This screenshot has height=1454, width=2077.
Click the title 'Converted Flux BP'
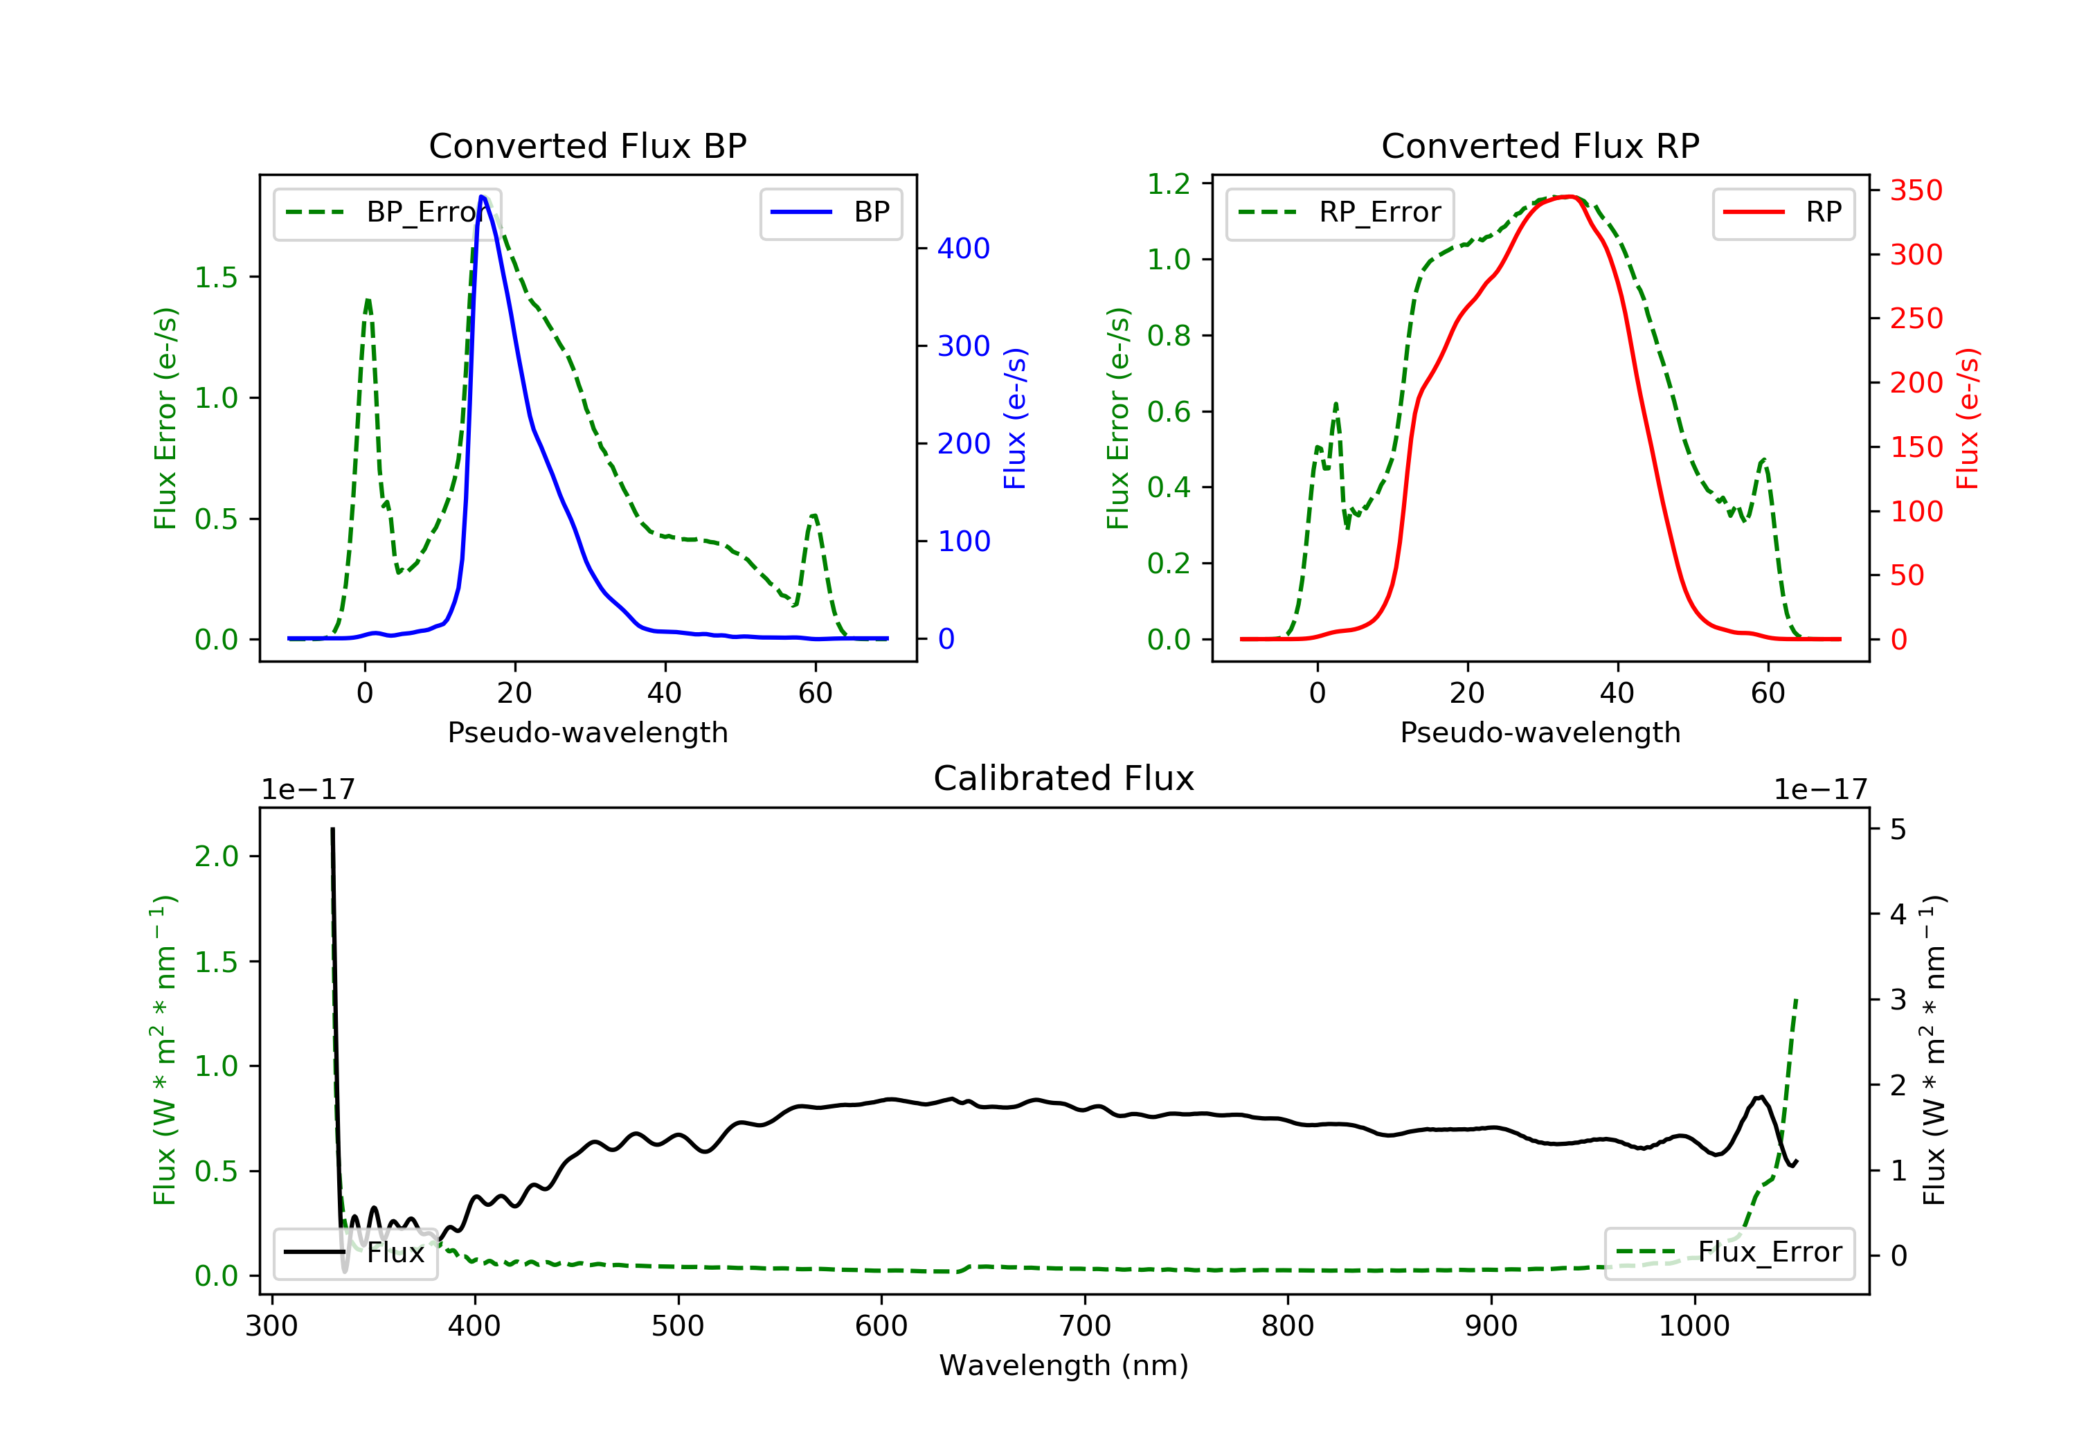pyautogui.click(x=587, y=145)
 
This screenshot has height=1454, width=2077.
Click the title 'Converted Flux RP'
pyautogui.click(x=1540, y=145)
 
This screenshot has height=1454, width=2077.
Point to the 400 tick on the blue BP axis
pyautogui.click(x=964, y=248)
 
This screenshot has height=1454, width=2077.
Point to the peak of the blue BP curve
pyautogui.click(x=482, y=197)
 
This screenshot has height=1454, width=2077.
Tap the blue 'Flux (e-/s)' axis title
pyautogui.click(x=1015, y=418)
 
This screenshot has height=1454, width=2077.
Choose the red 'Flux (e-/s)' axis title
pyautogui.click(x=1968, y=418)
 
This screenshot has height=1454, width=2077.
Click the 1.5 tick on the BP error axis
pyautogui.click(x=216, y=277)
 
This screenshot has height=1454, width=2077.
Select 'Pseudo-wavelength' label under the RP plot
pyautogui.click(x=1540, y=732)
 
